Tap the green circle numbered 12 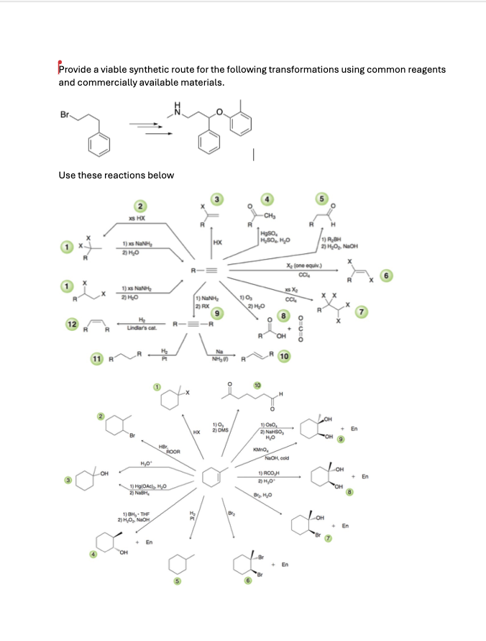pos(73,324)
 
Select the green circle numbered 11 pos(96,357)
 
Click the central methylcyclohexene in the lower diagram pos(212,476)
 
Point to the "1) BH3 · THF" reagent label pos(140,512)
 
